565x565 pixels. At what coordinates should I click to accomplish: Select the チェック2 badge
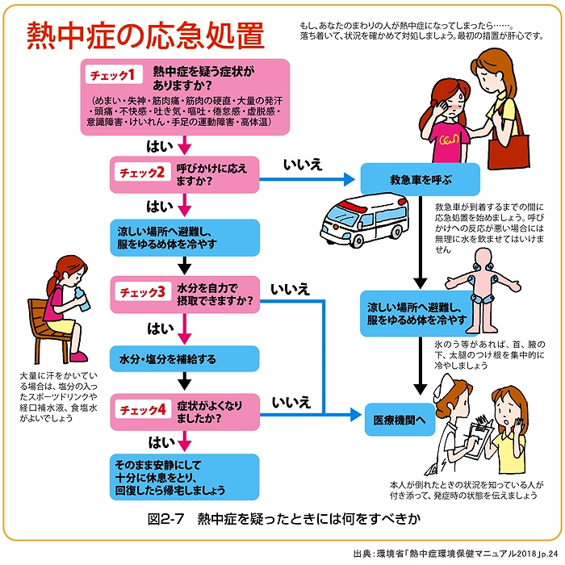(143, 173)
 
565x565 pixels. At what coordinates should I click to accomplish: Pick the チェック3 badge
(143, 291)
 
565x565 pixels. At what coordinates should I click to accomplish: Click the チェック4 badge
(143, 410)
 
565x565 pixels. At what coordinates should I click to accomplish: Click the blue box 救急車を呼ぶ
(420, 179)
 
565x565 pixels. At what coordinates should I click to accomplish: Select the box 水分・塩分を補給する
(185, 358)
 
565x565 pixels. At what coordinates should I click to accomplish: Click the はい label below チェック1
(158, 146)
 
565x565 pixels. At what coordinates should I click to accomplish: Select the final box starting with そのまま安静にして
(185, 476)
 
